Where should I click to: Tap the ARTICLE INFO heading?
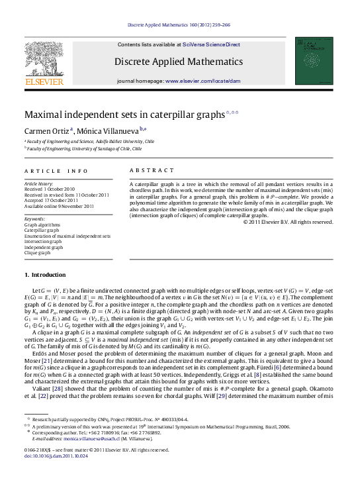pos(50,170)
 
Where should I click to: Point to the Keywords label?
pos(34,218)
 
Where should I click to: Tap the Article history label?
pos(38,183)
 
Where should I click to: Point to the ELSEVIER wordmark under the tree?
pos(44,81)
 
